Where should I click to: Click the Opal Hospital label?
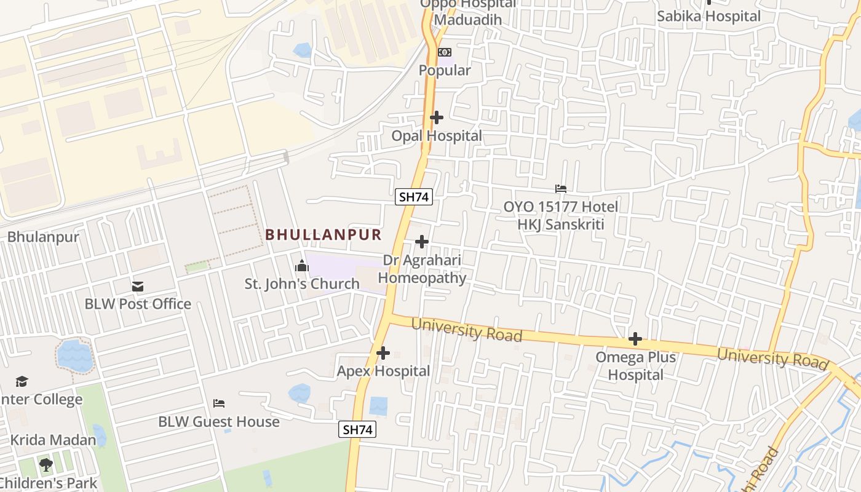(x=437, y=135)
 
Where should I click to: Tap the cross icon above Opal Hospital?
(x=437, y=117)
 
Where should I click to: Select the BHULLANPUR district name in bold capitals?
(x=323, y=234)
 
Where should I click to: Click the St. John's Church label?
(x=302, y=284)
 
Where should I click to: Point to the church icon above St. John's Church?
(x=301, y=266)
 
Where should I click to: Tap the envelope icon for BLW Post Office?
(x=138, y=287)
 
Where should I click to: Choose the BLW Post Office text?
(x=138, y=304)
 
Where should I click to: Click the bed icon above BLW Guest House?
(x=219, y=403)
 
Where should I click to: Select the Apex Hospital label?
(x=383, y=371)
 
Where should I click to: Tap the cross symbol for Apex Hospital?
(x=383, y=353)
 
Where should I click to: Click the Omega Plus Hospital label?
(x=635, y=366)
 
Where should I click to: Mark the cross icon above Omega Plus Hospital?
(x=635, y=339)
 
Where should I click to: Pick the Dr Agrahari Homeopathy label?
(x=422, y=269)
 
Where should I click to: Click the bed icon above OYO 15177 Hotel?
(x=561, y=189)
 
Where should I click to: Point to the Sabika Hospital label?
(x=708, y=16)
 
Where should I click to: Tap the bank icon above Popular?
(x=445, y=52)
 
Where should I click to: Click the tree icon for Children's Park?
(x=46, y=464)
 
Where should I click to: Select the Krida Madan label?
(x=54, y=440)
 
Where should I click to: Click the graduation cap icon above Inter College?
(x=22, y=381)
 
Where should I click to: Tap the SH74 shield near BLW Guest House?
(x=357, y=429)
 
